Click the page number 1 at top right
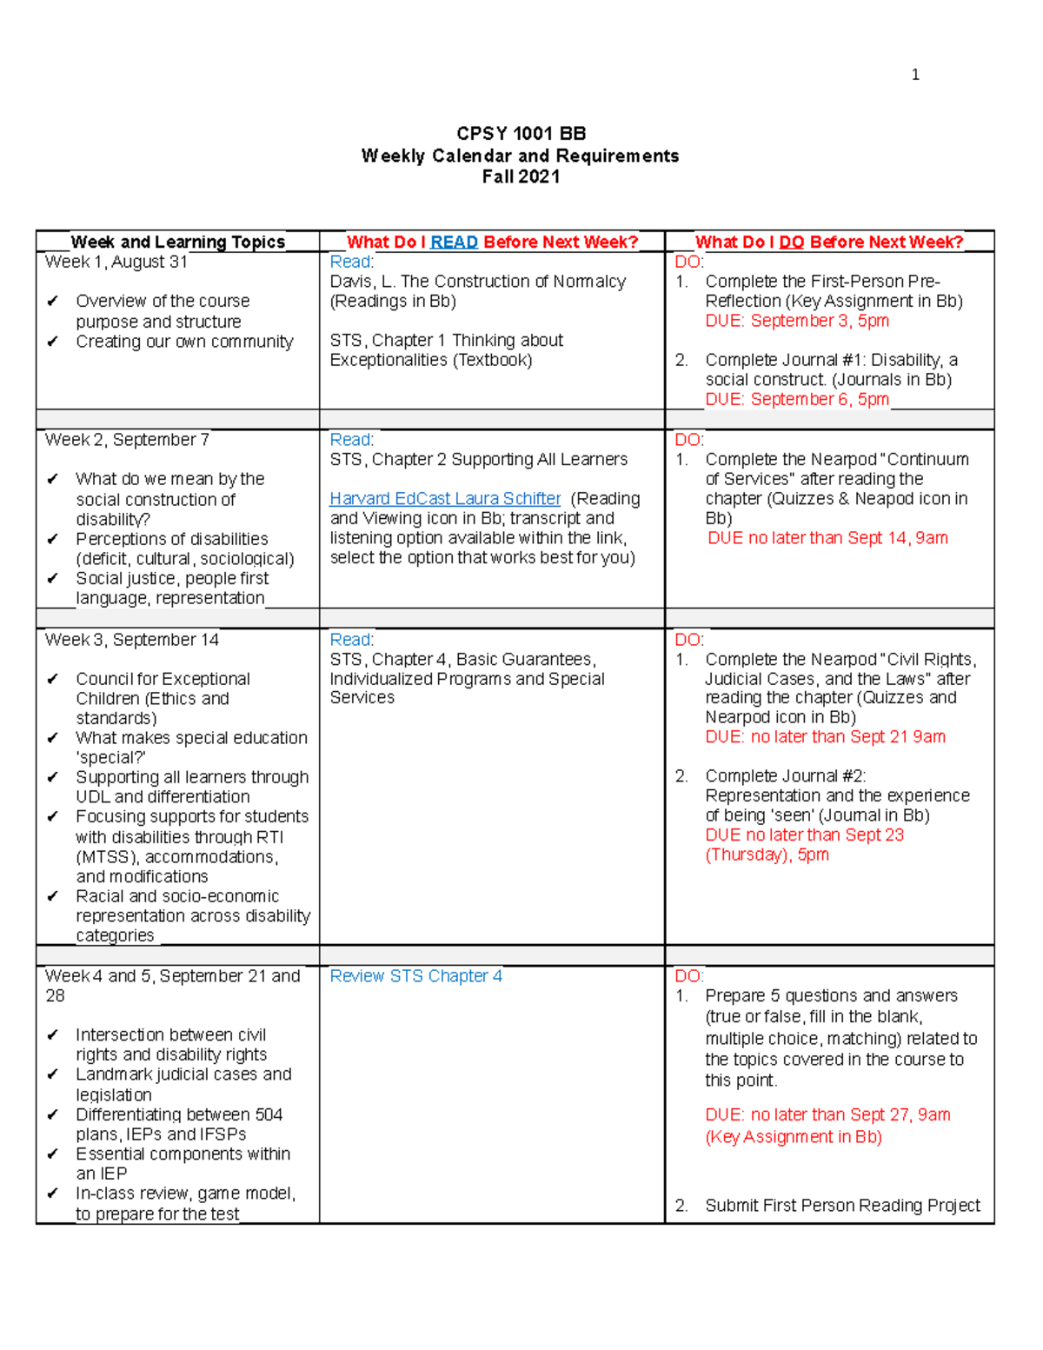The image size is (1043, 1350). point(914,75)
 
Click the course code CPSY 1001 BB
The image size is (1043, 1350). point(521,134)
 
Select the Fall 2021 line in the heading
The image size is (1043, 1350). point(521,176)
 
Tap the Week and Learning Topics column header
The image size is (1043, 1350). point(177,242)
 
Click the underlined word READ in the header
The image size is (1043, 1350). point(454,242)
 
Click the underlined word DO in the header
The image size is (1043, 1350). point(791,242)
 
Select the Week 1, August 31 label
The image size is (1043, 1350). point(116,262)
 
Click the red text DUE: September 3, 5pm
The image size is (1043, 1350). point(797,321)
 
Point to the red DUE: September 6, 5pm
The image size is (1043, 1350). point(797,399)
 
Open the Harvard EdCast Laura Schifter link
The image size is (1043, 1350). point(445,498)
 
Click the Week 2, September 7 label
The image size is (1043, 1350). point(127,440)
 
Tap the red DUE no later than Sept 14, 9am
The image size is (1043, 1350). point(827,538)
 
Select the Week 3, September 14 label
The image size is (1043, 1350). point(132,640)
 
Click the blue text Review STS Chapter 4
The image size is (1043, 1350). point(415,976)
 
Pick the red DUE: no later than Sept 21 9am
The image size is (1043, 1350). point(825,737)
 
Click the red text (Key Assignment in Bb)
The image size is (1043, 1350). point(794,1137)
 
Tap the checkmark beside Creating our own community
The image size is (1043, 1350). point(53,342)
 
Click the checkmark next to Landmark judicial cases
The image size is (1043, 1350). point(53,1074)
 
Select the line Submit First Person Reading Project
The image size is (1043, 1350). point(842,1206)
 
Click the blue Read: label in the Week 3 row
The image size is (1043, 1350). point(352,640)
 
